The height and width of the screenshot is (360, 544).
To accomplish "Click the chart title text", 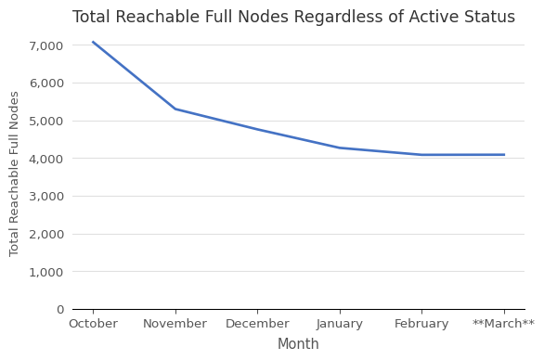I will (x=293, y=18).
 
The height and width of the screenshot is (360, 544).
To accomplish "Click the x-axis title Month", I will (x=298, y=344).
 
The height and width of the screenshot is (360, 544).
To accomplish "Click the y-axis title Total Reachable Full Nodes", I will (x=15, y=174).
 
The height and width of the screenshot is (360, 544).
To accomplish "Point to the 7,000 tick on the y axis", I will (x=45, y=45).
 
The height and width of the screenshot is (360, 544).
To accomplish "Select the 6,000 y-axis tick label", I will (x=45, y=84).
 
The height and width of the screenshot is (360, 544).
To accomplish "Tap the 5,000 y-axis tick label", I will (x=45, y=121).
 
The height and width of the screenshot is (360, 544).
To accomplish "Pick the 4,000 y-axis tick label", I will (x=45, y=159).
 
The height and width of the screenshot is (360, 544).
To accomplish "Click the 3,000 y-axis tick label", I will (x=45, y=197).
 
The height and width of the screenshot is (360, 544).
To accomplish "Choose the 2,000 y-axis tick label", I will (x=45, y=234).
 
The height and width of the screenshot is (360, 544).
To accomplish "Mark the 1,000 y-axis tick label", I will (x=45, y=272).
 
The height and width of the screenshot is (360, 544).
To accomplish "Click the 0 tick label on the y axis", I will (x=60, y=310).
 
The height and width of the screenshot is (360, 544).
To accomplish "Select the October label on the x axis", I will (x=93, y=324).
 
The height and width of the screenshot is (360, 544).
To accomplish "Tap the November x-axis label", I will (x=175, y=324).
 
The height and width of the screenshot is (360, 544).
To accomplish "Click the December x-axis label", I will (x=257, y=324).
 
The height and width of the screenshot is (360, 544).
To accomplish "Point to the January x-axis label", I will (x=340, y=324).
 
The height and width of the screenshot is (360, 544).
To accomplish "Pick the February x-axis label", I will (x=421, y=324).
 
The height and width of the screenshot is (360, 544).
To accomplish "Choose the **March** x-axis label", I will (x=504, y=324).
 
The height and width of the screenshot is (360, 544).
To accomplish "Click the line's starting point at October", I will (x=93, y=42).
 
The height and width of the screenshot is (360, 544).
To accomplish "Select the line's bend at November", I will (x=175, y=109).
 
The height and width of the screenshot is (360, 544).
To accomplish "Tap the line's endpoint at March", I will (x=504, y=155).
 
